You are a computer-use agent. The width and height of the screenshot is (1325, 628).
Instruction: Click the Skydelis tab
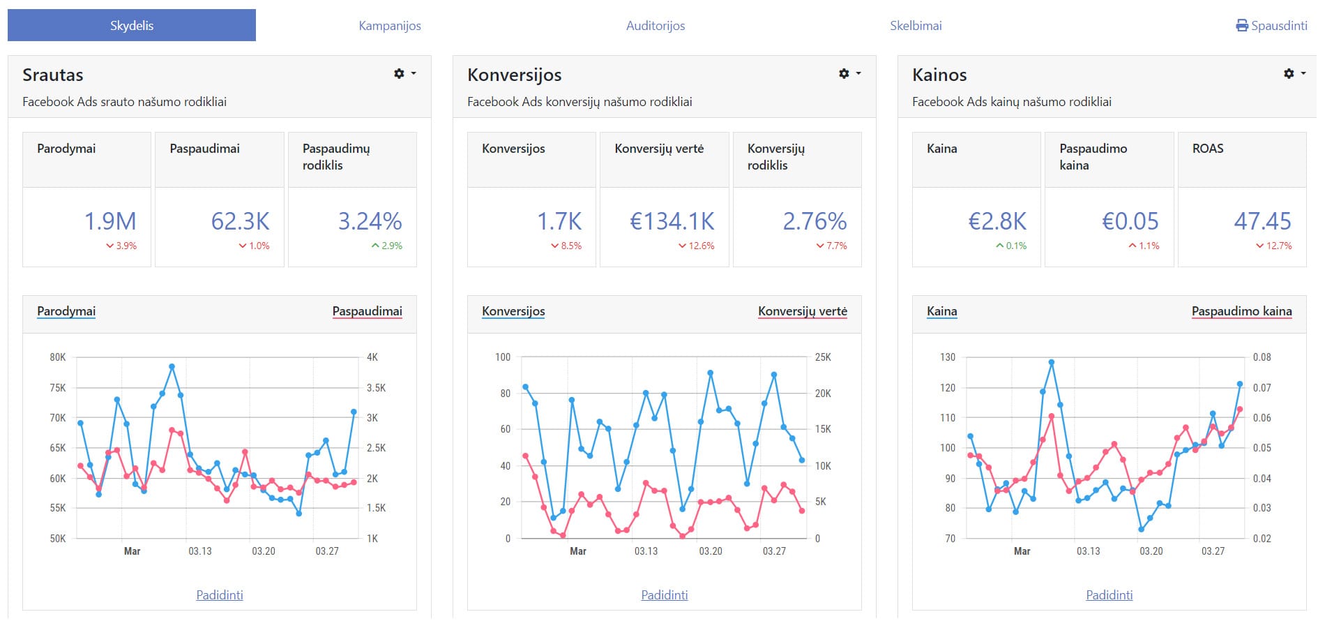click(132, 26)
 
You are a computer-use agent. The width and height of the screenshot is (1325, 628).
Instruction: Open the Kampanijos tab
click(390, 26)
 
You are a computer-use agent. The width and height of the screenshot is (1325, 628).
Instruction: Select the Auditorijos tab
click(656, 26)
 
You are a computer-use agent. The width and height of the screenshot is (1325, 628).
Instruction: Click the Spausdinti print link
click(1272, 26)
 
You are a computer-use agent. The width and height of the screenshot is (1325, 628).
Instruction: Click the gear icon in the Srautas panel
click(400, 73)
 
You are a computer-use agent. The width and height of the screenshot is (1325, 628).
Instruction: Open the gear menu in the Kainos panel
click(1289, 73)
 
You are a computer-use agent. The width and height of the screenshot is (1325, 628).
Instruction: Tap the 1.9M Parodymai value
click(110, 221)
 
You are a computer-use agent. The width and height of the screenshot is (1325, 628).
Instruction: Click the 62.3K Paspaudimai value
click(240, 221)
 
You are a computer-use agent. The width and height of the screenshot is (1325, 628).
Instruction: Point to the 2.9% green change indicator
click(387, 246)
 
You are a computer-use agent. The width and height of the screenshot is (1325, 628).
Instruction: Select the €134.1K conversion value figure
click(672, 221)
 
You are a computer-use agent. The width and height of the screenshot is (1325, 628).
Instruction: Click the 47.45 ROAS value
click(1262, 221)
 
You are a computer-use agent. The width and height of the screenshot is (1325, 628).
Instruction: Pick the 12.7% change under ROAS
click(1274, 246)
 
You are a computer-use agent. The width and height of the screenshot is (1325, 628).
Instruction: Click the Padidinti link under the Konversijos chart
click(665, 595)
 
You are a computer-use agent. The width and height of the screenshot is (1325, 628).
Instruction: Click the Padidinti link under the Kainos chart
click(1110, 595)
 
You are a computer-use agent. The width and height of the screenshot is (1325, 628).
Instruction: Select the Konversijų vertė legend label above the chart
click(803, 311)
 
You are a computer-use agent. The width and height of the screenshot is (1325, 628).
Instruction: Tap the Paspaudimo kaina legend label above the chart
click(1241, 311)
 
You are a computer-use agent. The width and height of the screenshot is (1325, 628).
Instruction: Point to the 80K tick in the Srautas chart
click(58, 357)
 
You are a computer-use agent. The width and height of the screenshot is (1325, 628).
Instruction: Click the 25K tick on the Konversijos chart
click(823, 357)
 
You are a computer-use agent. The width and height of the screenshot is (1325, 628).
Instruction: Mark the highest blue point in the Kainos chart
click(1052, 363)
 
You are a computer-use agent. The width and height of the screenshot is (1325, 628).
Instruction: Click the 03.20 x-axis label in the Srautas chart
click(264, 551)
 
